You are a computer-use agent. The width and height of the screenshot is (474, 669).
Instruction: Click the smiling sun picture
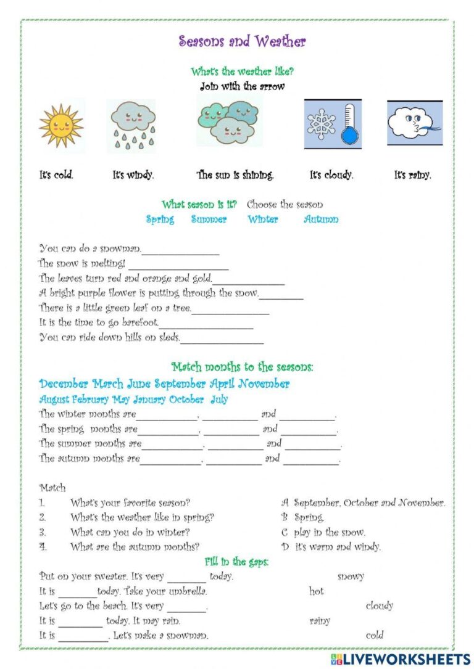point(60,125)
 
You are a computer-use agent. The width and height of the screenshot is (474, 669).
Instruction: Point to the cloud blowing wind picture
point(414,123)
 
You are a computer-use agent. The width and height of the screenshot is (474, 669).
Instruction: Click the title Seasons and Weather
point(242,41)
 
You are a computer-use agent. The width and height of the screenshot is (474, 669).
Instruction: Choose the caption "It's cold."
point(56,175)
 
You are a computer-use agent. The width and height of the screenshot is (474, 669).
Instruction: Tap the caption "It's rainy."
point(412,175)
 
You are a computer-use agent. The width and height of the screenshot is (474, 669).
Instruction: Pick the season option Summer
point(209,220)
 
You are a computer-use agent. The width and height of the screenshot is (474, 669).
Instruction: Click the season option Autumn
point(321,220)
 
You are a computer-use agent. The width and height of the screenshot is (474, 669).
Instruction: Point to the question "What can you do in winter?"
point(130,532)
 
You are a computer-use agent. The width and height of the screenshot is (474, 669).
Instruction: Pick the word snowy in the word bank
point(351,577)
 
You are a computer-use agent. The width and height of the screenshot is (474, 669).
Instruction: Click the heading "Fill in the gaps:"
point(236,562)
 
